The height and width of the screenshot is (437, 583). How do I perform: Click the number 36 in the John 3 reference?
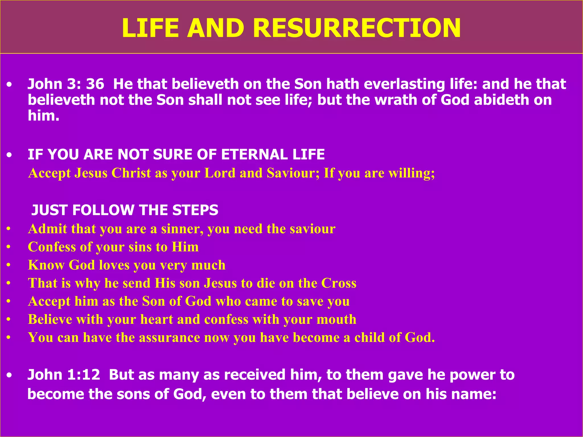pos(95,84)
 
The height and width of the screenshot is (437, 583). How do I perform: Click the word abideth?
pos(502,100)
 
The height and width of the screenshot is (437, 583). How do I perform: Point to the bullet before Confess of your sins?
pos(9,247)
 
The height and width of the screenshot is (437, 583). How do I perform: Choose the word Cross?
pos(339,283)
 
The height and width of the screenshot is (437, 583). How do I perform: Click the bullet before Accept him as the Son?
pos(9,302)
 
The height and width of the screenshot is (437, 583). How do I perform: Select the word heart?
pos(157,319)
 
